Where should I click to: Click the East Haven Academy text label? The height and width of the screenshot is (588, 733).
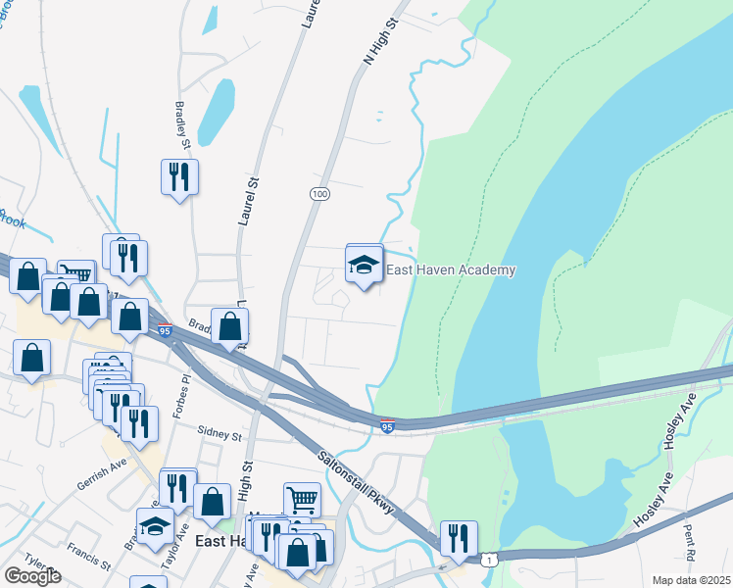(x=451, y=269)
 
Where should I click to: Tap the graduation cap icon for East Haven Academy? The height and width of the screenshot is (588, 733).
(x=364, y=264)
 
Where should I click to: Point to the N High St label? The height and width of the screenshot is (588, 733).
(x=383, y=40)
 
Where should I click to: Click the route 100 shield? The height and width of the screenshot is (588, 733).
(x=318, y=194)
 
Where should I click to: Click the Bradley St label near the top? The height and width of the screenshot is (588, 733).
(x=181, y=122)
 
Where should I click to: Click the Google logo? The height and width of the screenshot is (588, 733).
(x=32, y=576)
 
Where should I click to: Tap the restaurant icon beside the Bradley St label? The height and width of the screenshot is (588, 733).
(x=179, y=177)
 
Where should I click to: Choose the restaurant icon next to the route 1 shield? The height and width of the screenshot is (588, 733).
(x=458, y=537)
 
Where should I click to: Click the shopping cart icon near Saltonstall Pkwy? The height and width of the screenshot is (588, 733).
(x=302, y=499)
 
